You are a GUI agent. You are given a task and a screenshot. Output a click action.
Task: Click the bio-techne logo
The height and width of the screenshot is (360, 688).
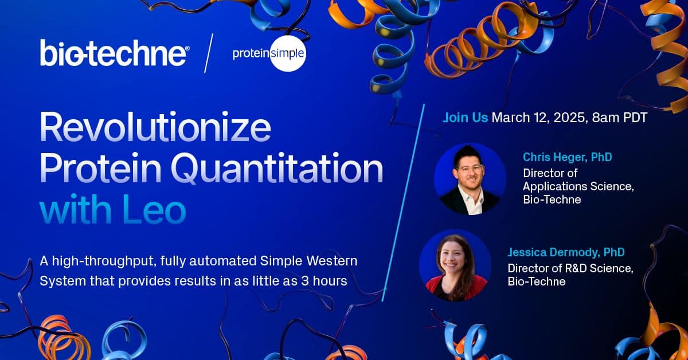point(114,53)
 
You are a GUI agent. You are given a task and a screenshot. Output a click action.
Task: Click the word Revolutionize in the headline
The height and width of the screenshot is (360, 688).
point(155,130)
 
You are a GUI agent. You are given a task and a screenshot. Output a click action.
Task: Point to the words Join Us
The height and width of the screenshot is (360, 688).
point(465,118)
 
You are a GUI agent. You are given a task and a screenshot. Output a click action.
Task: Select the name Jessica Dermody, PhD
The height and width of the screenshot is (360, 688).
point(566,252)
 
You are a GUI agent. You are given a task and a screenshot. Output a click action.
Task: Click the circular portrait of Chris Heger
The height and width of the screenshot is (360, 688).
point(470,179)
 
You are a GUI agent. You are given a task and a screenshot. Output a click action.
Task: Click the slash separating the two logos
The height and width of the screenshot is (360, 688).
point(209,53)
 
